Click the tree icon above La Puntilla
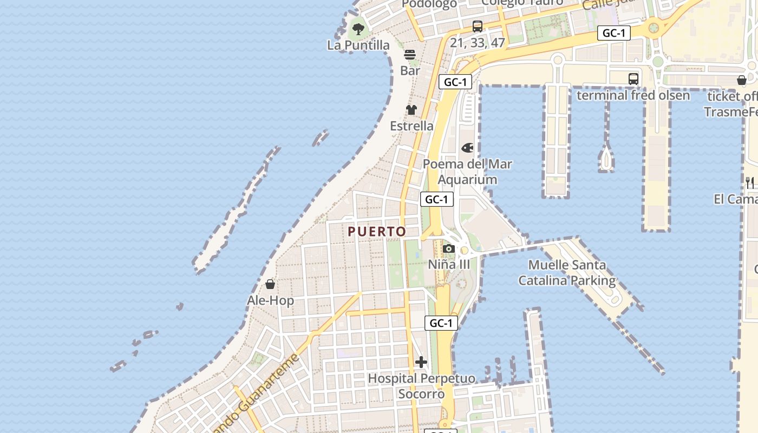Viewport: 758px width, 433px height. pos(358,29)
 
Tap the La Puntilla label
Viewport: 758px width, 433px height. pos(358,45)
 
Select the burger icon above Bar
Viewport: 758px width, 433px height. pos(410,54)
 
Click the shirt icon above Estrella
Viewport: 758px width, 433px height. pos(411,110)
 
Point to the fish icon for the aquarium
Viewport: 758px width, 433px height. pos(467,148)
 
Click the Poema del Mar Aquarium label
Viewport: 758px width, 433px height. pos(467,172)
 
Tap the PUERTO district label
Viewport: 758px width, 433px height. pos(377,232)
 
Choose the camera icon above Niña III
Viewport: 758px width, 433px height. pos(448,249)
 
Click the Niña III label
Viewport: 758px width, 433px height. pos(449,265)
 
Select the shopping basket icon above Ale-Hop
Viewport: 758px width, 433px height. pos(270,284)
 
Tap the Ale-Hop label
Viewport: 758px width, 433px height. pos(271,300)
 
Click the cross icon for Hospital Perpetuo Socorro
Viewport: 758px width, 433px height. pos(421,362)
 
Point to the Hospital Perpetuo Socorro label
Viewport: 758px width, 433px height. pos(421,386)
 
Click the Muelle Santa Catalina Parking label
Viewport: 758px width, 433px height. pos(567,273)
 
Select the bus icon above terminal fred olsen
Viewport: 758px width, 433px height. pos(633,79)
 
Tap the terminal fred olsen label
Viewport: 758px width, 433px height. pos(633,96)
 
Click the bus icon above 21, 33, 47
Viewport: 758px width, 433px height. pos(478,26)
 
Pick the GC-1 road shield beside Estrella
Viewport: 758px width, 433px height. pos(455,82)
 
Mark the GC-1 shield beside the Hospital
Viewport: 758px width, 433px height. pos(441,324)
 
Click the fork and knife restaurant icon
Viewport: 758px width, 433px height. pos(750,182)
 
